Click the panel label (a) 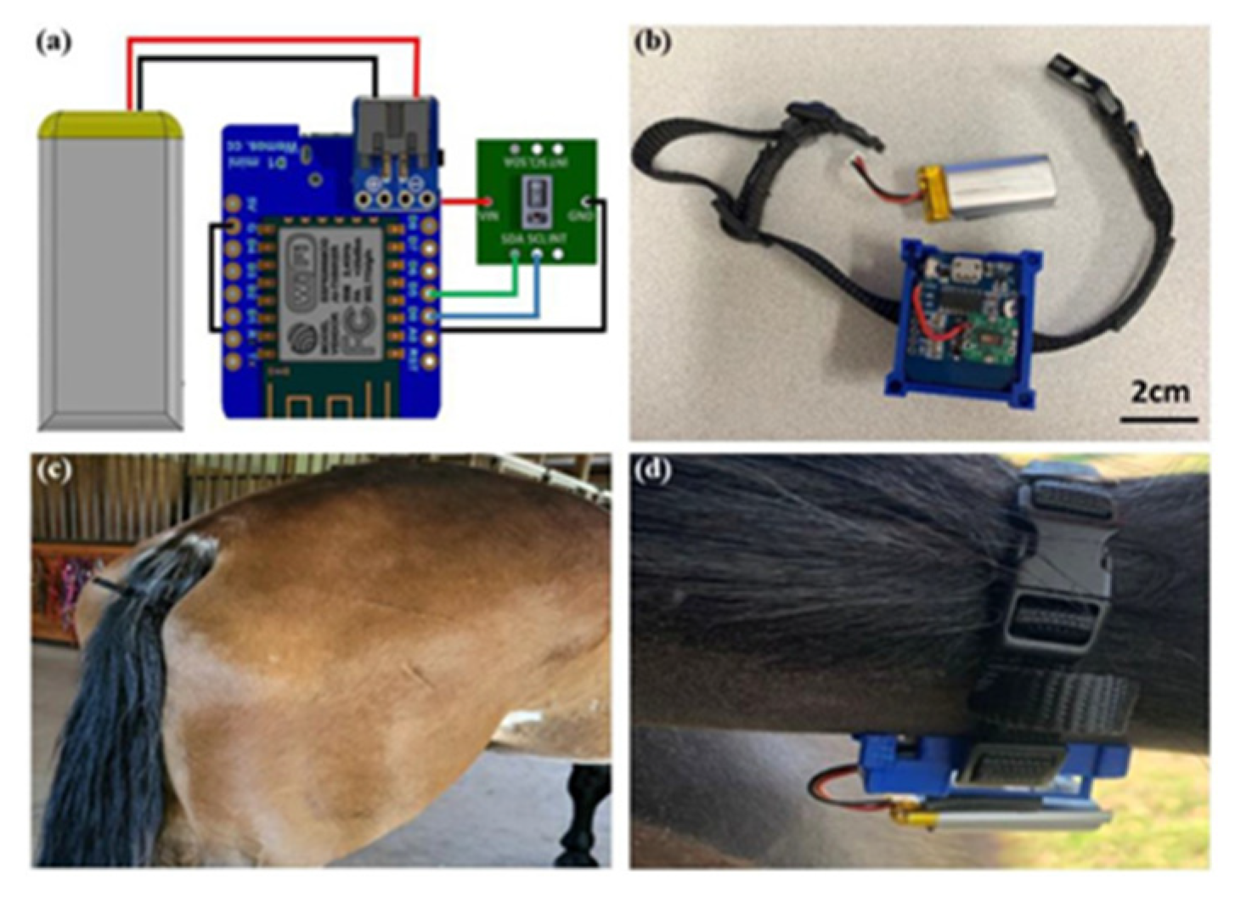[53, 42]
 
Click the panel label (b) [652, 42]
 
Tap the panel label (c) [53, 470]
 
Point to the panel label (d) [652, 470]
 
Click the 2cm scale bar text [1159, 392]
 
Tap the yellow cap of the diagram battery [110, 126]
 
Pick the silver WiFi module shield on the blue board [327, 293]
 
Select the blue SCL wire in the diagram [493, 316]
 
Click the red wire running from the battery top [272, 39]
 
